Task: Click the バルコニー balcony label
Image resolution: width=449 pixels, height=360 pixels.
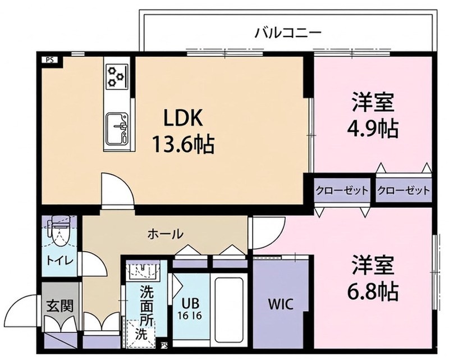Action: pos(287,33)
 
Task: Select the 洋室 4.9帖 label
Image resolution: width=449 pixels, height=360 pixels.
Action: pos(374,116)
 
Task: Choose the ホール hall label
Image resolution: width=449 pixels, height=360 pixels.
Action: pos(165,233)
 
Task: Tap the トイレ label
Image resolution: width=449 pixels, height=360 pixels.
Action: pos(56,260)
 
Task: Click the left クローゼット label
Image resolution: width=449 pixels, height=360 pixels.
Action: pos(342,190)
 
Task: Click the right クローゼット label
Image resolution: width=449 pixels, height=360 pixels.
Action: pos(403,190)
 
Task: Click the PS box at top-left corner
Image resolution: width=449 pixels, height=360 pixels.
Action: pos(51,58)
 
